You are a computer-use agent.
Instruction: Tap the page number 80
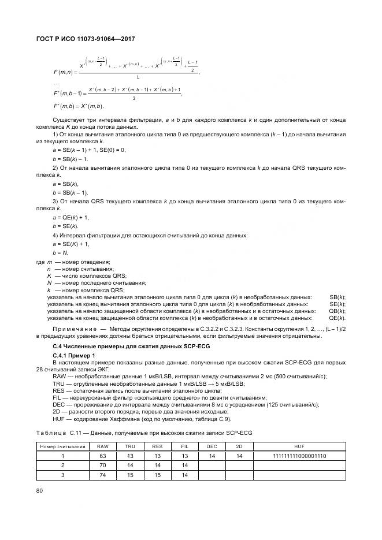coord(40,491)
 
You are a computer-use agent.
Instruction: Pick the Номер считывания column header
coord(62,447)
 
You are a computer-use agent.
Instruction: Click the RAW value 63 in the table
coord(102,456)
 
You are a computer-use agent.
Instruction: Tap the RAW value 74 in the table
coord(102,475)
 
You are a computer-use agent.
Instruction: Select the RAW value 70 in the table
coord(102,465)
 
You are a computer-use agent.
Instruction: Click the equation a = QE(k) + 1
coord(71,217)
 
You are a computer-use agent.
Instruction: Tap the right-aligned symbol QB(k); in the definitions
coord(337,311)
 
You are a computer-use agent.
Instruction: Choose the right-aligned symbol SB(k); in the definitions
coord(337,296)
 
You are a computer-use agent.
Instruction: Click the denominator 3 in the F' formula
coord(133,98)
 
